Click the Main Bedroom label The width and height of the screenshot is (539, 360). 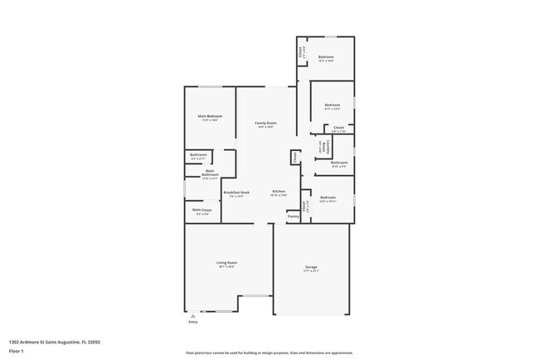pos(209,115)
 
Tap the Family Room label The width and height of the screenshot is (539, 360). pos(265,123)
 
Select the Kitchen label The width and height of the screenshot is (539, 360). pos(279,192)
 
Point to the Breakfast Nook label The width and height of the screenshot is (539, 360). pos(236,192)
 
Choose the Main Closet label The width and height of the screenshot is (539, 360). pos(202,210)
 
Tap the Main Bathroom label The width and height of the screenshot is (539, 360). pos(210,173)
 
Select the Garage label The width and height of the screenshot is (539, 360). pos(311,266)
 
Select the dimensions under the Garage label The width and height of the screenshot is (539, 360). pos(311,270)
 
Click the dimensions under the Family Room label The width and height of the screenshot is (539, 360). pos(265,127)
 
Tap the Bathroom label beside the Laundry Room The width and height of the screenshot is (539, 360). pos(338,163)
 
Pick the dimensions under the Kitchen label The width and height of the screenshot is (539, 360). pos(279,196)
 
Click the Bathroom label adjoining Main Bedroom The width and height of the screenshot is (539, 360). pos(198,155)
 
